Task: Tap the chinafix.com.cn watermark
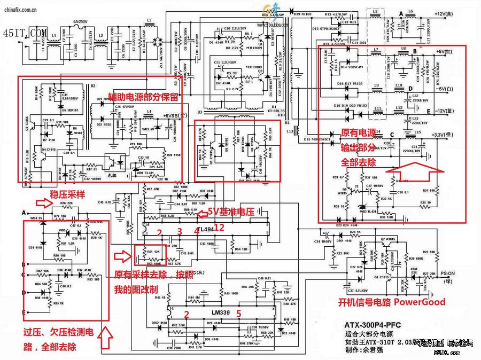[x=19, y=9]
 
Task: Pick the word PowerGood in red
[x=420, y=302]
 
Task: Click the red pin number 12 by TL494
[x=219, y=228]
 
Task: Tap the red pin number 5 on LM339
[x=239, y=314]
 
